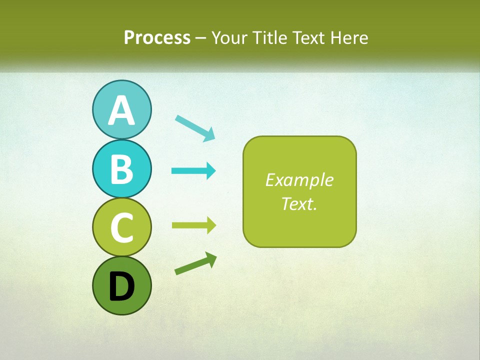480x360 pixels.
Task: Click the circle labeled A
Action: (x=121, y=109)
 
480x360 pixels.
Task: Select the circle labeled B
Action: (x=121, y=168)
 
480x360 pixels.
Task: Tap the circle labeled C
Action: (x=121, y=227)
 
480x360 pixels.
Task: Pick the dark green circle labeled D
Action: (x=121, y=285)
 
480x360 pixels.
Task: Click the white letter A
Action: (x=121, y=110)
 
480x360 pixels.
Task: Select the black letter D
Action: (x=121, y=286)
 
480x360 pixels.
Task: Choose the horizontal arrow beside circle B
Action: (x=193, y=171)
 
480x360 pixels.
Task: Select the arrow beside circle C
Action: (x=193, y=225)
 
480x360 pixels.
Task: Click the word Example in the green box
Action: (x=299, y=180)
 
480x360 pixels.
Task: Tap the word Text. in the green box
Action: (x=299, y=204)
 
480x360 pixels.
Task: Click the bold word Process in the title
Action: (x=157, y=37)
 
